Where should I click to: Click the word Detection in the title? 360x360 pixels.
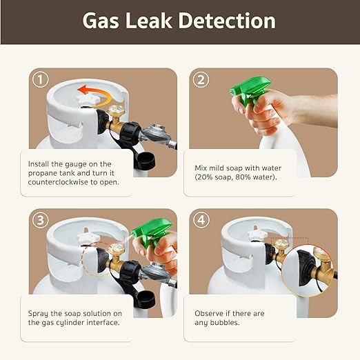227,21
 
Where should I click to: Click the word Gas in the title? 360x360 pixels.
101,21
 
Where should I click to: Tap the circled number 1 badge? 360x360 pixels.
40,79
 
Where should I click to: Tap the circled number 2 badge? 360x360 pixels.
201,79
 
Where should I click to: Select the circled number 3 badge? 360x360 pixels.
40,220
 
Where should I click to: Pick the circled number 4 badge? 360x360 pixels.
201,220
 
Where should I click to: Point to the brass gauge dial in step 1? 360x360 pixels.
116,110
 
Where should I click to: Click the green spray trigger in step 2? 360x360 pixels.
250,91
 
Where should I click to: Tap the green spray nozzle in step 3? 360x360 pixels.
152,232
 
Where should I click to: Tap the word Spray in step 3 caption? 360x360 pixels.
38,314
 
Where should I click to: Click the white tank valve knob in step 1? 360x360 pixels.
89,99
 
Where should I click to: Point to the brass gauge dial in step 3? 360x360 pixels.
116,249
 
